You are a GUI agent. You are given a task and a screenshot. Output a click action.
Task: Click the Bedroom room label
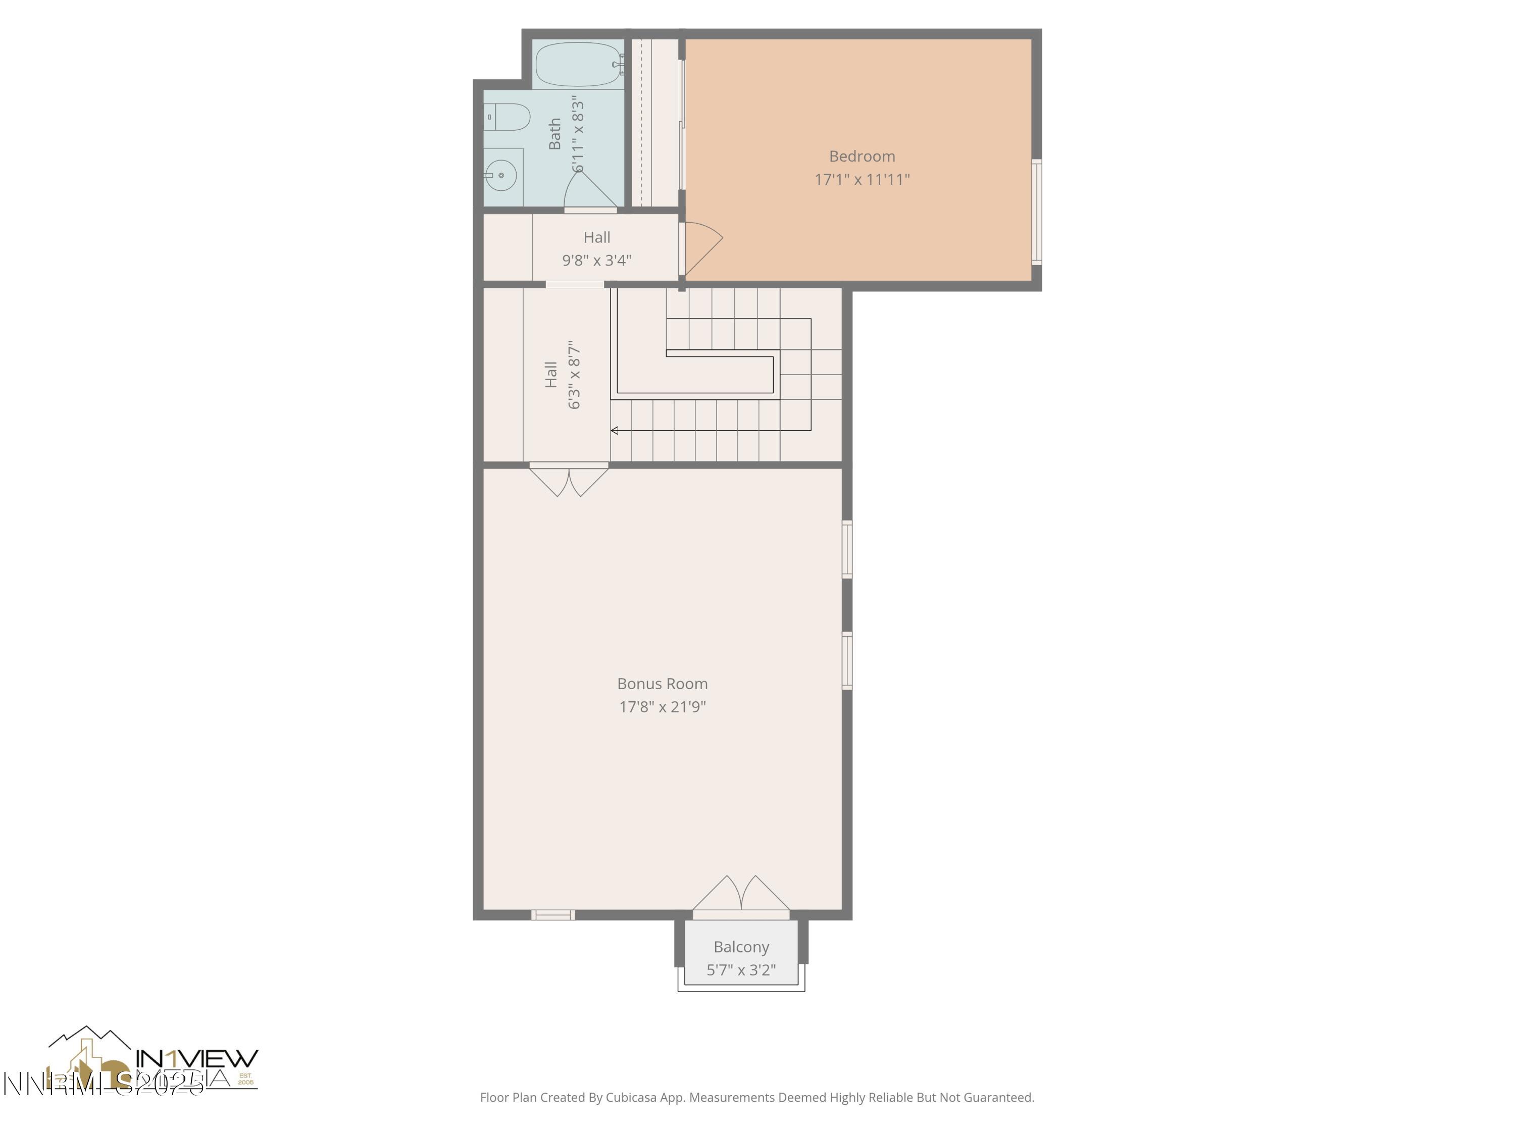[x=862, y=156]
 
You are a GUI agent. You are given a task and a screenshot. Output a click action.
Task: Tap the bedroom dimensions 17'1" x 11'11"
[x=862, y=179]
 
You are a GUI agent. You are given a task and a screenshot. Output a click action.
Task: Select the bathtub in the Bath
[x=577, y=64]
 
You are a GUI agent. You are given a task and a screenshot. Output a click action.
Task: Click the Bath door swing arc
[x=590, y=189]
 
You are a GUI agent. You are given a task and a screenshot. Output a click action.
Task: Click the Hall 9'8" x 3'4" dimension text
[x=596, y=260]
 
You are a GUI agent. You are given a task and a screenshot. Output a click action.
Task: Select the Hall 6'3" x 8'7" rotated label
[x=563, y=375]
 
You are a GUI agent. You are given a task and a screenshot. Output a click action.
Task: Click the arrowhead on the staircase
[x=615, y=430]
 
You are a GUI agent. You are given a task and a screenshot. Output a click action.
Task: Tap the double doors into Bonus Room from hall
[x=569, y=479]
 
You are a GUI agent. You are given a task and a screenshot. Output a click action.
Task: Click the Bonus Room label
[x=662, y=684]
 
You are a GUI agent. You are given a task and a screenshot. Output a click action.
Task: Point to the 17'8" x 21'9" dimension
[x=662, y=707]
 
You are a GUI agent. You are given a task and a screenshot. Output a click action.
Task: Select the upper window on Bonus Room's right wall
[x=847, y=549]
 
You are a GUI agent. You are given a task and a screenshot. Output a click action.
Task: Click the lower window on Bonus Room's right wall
[x=847, y=660]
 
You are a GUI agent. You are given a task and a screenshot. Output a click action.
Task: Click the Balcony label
[x=741, y=947]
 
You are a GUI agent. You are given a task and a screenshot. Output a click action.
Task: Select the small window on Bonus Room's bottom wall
[x=552, y=915]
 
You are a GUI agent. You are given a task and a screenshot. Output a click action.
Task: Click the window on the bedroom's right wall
[x=1037, y=212]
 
